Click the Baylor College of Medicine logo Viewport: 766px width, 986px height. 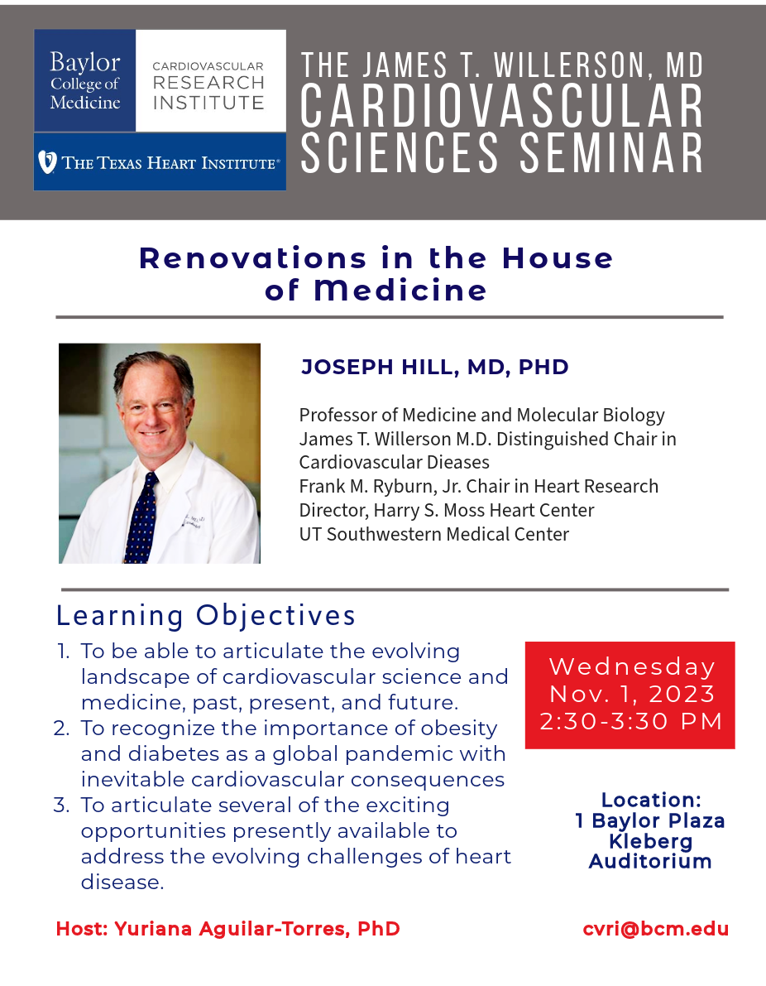point(85,80)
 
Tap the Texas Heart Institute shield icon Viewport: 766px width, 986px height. point(47,162)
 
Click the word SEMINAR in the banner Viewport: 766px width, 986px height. point(610,153)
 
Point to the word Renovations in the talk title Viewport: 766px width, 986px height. point(252,257)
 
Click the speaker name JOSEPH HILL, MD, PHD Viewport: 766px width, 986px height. point(435,367)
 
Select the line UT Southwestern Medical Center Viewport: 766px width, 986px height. point(434,534)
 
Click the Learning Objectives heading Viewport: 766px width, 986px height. point(206,615)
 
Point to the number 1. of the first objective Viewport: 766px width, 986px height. point(64,651)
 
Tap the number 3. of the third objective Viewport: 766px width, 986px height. point(61,805)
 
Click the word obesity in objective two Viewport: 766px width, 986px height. point(459,729)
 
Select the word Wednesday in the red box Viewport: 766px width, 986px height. point(632,666)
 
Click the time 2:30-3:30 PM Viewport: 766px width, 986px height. point(631,721)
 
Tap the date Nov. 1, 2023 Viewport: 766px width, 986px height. point(632,694)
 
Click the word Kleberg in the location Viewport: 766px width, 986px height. point(650,841)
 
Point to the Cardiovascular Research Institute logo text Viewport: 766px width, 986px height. point(208,85)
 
